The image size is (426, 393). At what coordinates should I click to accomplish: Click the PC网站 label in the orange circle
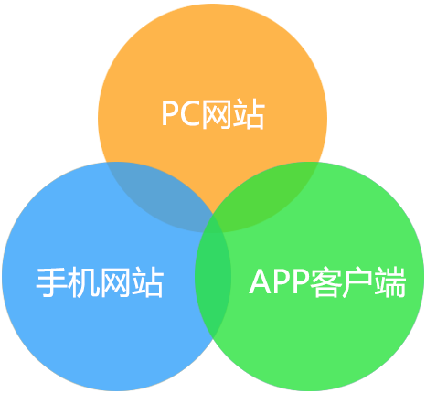click(x=213, y=114)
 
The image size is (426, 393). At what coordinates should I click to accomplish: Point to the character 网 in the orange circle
click(x=217, y=114)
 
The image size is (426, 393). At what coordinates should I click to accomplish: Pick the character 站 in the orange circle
click(x=249, y=114)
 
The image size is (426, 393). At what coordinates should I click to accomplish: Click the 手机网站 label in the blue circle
click(x=101, y=281)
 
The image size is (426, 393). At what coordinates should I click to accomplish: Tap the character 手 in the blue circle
click(x=52, y=281)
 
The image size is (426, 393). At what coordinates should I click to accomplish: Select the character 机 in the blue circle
click(x=83, y=282)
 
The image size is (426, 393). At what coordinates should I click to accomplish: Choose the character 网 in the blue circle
click(x=116, y=282)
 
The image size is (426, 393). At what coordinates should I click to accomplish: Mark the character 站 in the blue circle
click(x=148, y=282)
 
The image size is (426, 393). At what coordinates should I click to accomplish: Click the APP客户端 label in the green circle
click(x=327, y=281)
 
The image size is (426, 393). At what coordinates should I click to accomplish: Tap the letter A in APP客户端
click(x=261, y=281)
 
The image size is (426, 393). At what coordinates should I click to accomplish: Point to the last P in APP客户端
click(x=301, y=281)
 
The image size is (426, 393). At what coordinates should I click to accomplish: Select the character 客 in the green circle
click(x=326, y=282)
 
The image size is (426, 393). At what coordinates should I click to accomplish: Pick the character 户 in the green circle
click(x=358, y=282)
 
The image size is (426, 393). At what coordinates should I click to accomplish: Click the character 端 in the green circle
click(x=390, y=282)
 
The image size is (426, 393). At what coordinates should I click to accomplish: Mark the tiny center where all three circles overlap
click(x=213, y=224)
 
